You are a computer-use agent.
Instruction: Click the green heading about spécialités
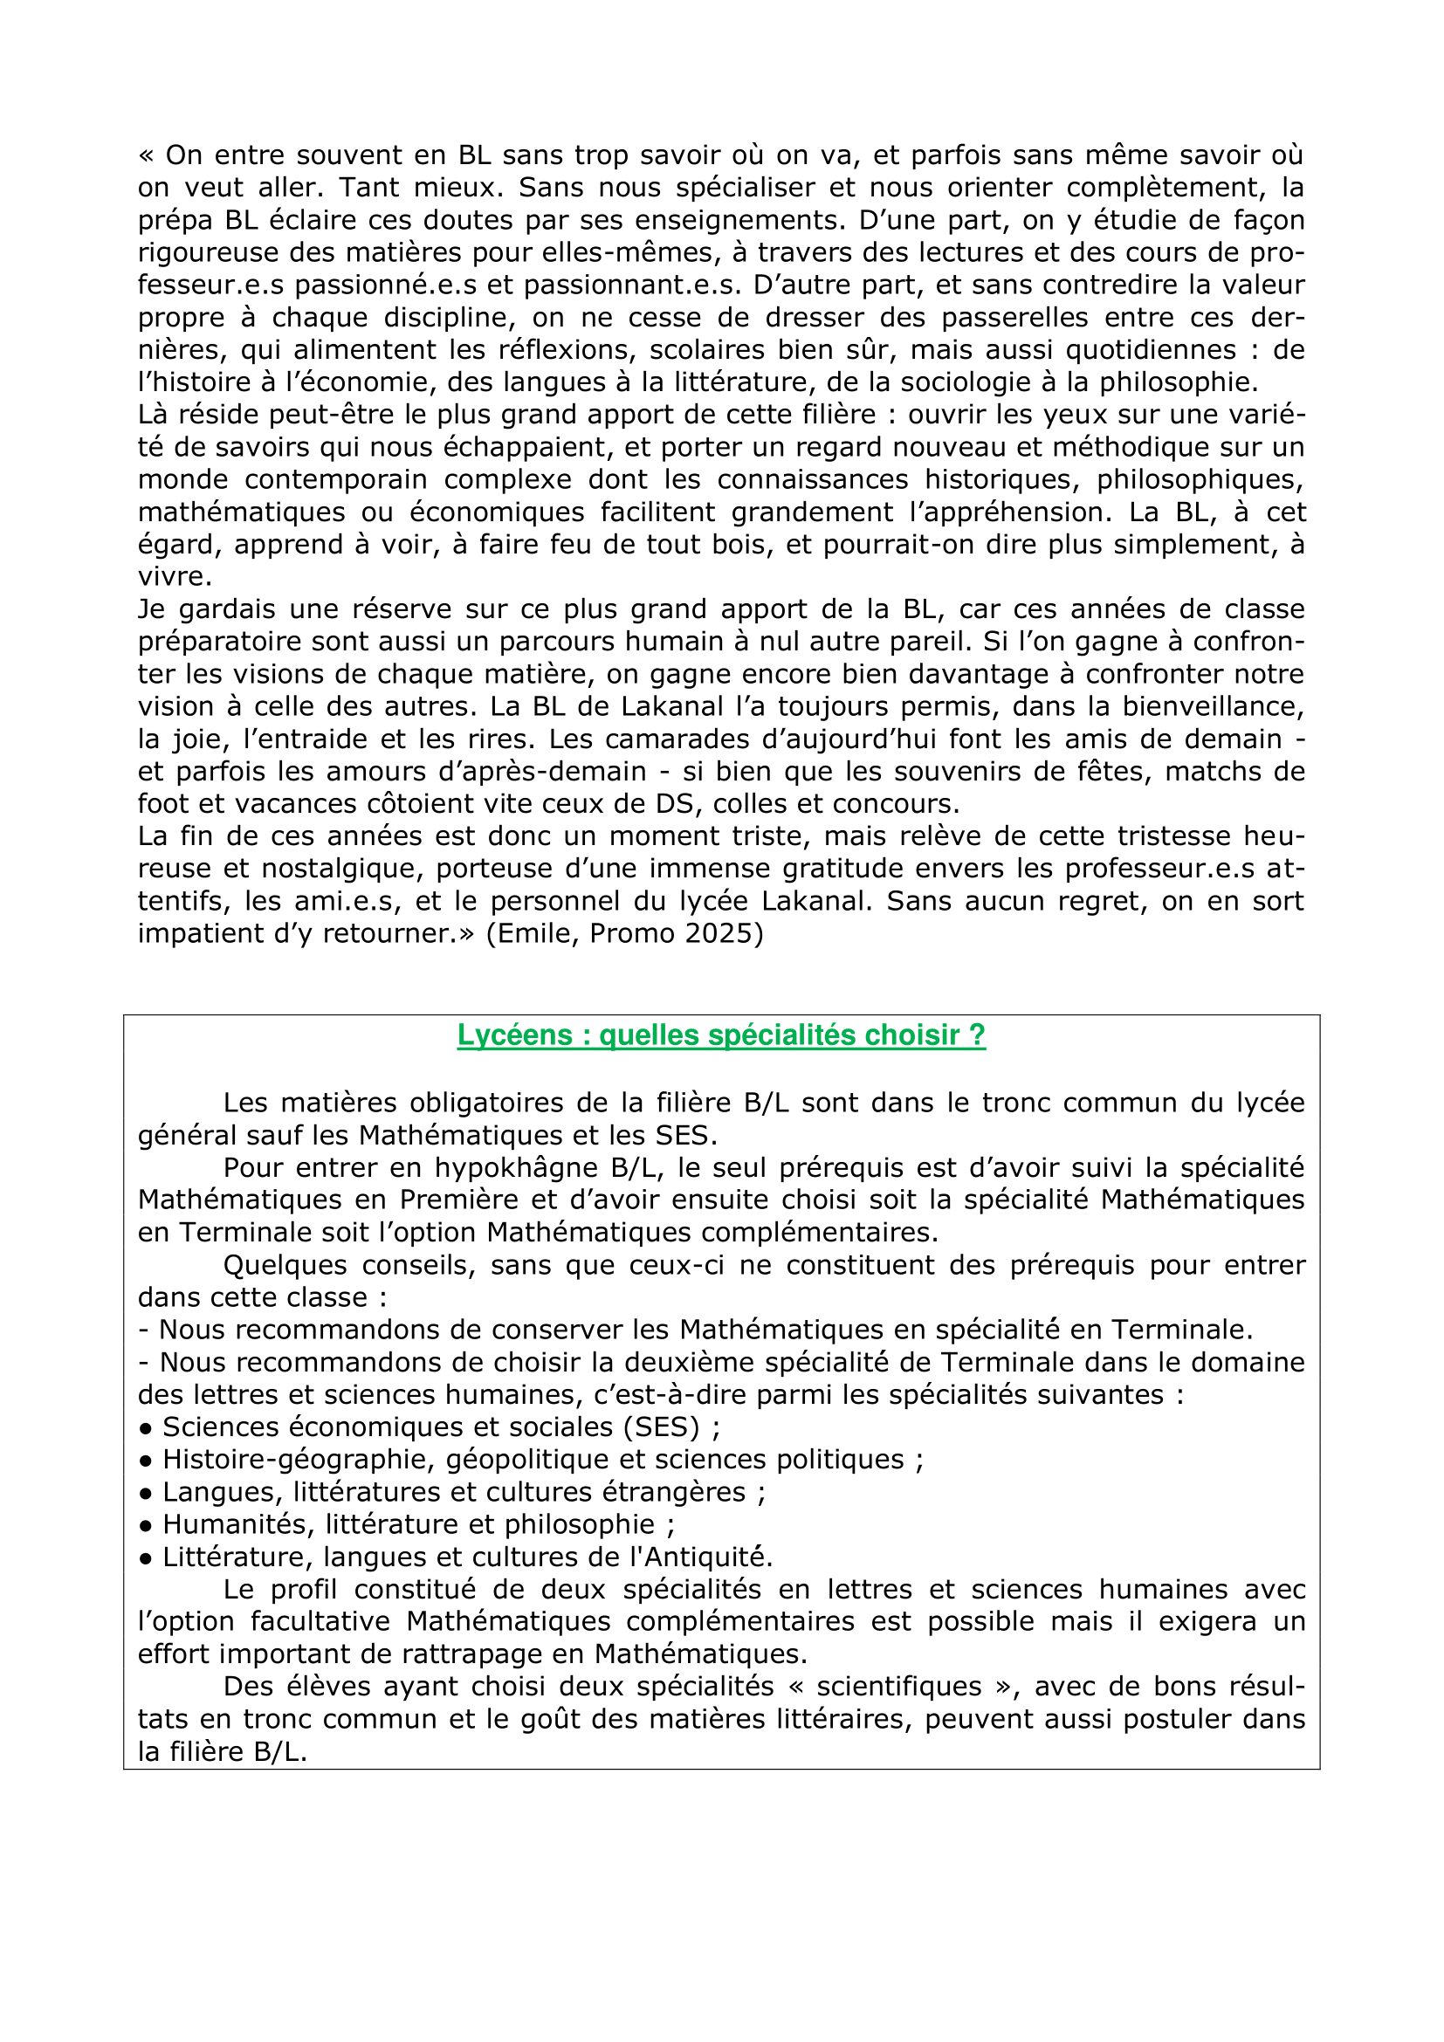[721, 1035]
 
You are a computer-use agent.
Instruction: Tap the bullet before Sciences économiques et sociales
[146, 1428]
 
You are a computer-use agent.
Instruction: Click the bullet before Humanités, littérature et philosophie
[146, 1526]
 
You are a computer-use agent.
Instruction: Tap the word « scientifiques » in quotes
[900, 1687]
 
